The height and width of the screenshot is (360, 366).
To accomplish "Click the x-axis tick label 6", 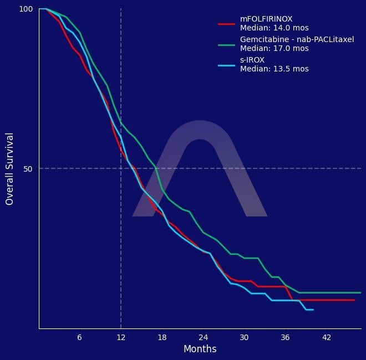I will pos(79,338).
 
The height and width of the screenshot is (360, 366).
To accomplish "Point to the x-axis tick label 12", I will pos(121,338).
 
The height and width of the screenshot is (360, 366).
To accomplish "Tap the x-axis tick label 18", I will pos(162,338).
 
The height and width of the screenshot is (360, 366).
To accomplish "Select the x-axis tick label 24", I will pos(203,338).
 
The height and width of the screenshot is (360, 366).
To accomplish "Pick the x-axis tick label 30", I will pos(244,338).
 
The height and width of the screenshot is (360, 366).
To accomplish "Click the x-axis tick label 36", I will pos(286,338).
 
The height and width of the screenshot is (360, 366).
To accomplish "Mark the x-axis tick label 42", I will pos(327,338).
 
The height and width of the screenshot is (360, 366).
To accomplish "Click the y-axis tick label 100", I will pos(26,9).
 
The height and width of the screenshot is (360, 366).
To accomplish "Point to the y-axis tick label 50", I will pos(28,169).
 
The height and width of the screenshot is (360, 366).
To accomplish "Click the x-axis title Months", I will pos(200,349).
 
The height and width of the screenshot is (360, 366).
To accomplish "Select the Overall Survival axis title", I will pos(9,169).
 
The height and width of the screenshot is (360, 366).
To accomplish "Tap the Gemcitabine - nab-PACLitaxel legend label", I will pos(297,40).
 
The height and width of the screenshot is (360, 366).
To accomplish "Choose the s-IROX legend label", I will pos(252,60).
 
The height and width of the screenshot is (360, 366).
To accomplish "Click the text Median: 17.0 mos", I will pos(274,49).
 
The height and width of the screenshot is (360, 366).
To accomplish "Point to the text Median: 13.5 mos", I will pos(274,69).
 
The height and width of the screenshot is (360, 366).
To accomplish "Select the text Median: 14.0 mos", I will pos(274,28).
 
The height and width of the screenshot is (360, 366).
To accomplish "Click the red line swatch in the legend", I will pos(226,24).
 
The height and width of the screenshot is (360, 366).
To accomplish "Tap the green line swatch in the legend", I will pos(226,44).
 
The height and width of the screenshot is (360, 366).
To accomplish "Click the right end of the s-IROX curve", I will pos(313,310).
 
